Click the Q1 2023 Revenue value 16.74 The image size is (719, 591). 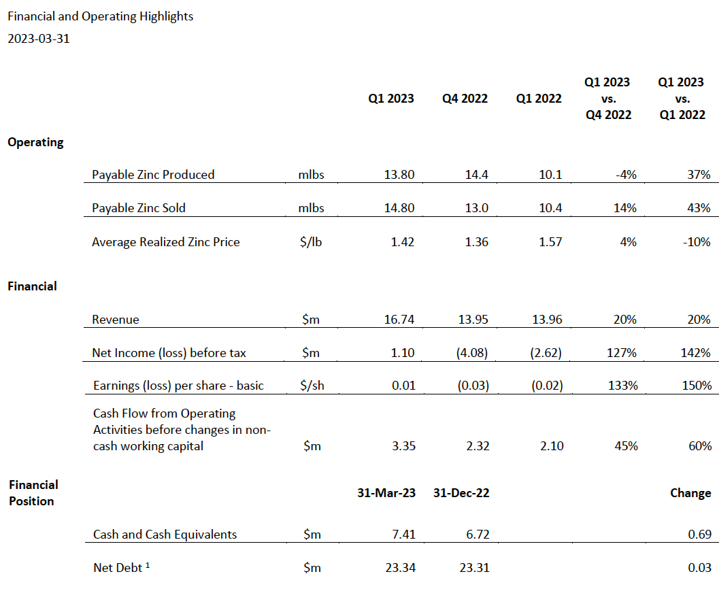399,319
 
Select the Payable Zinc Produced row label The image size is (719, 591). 153,175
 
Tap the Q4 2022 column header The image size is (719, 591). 465,99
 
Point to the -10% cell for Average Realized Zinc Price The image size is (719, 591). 697,241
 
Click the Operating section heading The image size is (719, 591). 35,142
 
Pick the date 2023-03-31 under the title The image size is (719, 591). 39,39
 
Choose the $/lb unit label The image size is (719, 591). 311,241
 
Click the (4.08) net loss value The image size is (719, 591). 472,352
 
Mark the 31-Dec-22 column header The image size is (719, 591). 461,493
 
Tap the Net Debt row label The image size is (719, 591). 121,568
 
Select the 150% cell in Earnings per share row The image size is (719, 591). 697,385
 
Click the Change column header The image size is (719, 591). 690,493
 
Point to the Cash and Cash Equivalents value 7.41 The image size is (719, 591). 403,534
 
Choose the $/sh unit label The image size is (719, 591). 312,385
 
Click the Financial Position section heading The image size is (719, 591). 33,493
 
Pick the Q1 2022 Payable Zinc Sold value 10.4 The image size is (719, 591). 550,207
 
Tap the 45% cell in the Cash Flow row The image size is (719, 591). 626,445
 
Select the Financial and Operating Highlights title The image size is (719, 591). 101,16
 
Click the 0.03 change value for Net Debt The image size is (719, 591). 700,568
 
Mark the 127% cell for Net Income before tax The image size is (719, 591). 622,352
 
